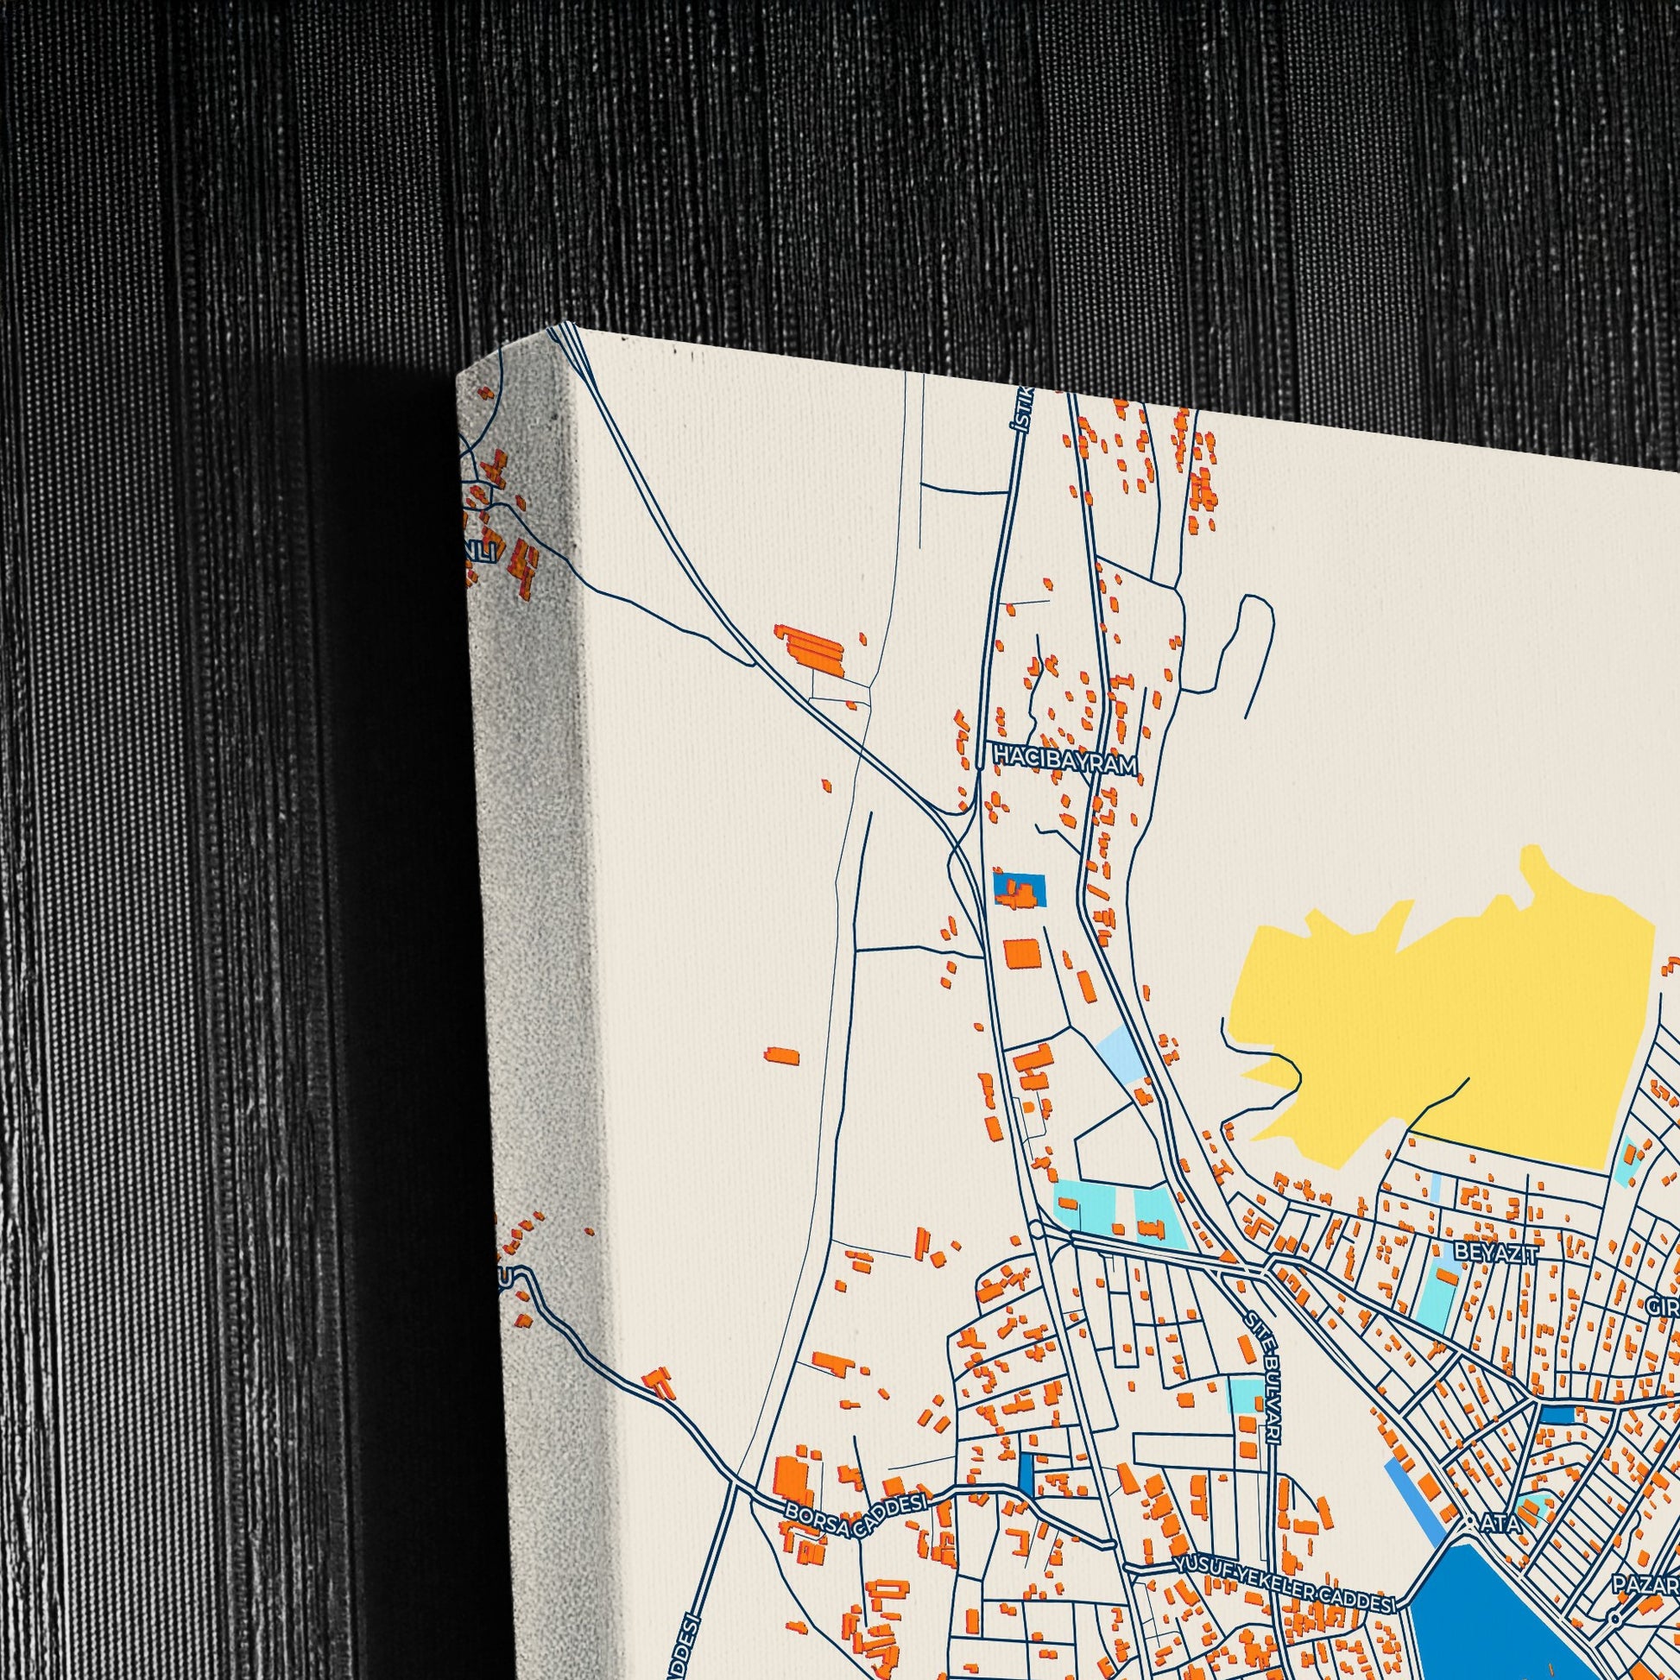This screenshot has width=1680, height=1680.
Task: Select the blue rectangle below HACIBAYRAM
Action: coord(1020,888)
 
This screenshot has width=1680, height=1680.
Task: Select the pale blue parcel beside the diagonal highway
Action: coord(1120,1053)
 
